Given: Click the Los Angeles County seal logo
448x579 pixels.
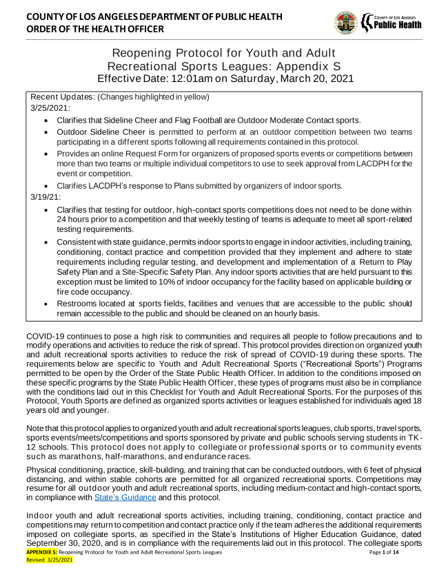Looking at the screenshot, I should (x=345, y=23).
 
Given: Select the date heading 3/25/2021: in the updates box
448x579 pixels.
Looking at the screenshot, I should (x=50, y=108).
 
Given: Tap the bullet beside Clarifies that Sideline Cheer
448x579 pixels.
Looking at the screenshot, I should (x=45, y=120).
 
